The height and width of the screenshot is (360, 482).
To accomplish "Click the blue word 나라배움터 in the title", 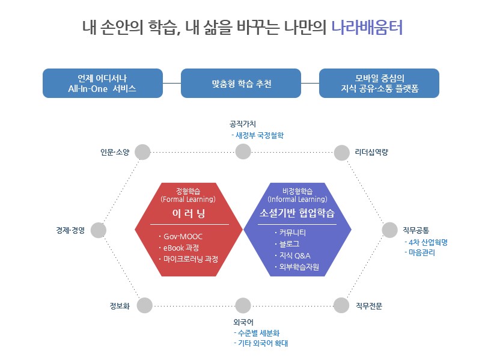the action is click(367, 28).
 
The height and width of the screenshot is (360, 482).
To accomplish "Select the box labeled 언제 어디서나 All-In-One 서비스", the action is click(103, 84).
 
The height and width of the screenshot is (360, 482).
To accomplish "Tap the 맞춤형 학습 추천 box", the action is click(241, 84).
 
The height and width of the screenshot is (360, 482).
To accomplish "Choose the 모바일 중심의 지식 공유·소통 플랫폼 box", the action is click(379, 84).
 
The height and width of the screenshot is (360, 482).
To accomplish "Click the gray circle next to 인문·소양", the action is click(142, 152).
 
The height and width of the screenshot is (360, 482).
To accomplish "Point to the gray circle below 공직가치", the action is click(243, 152).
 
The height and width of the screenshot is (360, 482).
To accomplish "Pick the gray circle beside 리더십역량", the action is click(341, 152).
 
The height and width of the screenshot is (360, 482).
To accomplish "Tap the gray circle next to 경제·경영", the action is click(99, 230).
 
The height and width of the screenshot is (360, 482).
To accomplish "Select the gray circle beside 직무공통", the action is click(390, 230).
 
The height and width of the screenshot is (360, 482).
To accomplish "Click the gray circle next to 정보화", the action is click(144, 305).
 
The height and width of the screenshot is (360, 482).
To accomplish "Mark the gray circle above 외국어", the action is click(243, 305).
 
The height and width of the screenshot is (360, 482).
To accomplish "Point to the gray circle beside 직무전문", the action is click(341, 305).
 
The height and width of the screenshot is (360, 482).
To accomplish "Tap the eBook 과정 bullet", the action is click(182, 248).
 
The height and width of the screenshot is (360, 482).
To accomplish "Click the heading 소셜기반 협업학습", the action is click(297, 213).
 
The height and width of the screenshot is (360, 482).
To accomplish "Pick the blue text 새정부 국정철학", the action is click(259, 135).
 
